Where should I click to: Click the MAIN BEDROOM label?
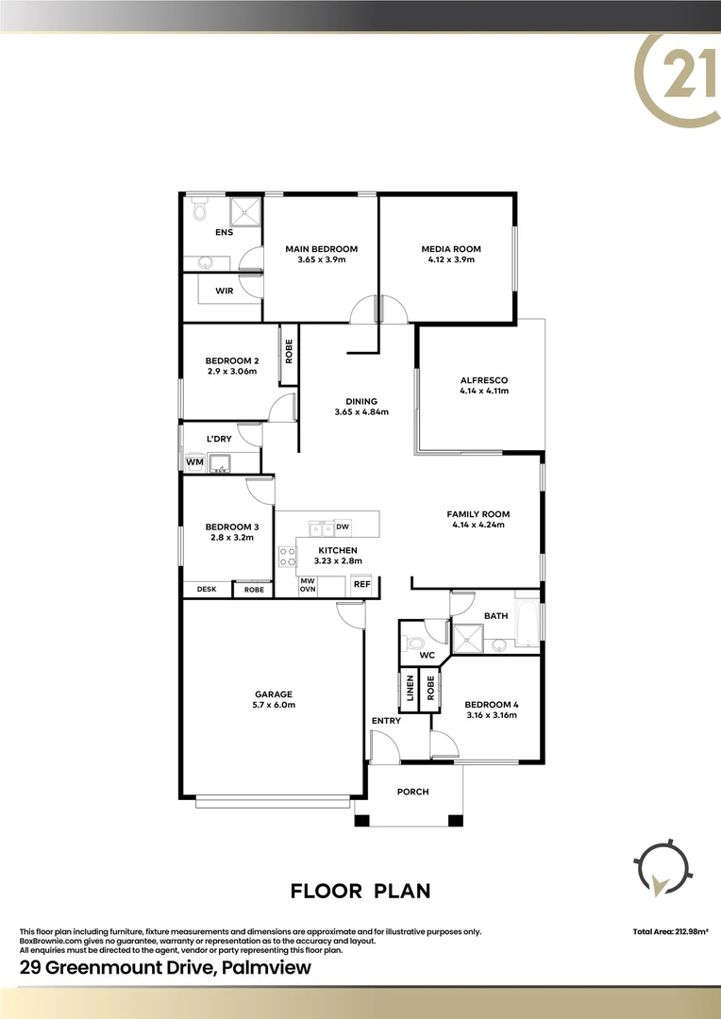pyautogui.click(x=322, y=249)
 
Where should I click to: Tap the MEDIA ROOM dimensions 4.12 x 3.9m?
pyautogui.click(x=451, y=259)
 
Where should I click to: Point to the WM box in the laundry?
pyautogui.click(x=194, y=461)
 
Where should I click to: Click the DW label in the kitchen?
pyautogui.click(x=343, y=526)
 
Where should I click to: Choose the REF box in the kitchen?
pyautogui.click(x=361, y=585)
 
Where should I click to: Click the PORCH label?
pyautogui.click(x=412, y=792)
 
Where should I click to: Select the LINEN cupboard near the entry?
pyautogui.click(x=411, y=689)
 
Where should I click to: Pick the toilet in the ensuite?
pyautogui.click(x=198, y=211)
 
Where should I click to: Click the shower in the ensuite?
pyautogui.click(x=245, y=210)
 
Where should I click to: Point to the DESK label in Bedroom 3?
pyautogui.click(x=207, y=590)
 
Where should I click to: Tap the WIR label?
pyautogui.click(x=224, y=291)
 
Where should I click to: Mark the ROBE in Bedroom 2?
pyautogui.click(x=290, y=353)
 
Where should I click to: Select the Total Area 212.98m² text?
pyautogui.click(x=671, y=932)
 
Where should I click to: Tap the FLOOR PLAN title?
pyautogui.click(x=360, y=890)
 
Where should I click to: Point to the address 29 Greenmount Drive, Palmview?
pyautogui.click(x=165, y=968)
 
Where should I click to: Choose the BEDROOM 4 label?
pyautogui.click(x=492, y=704)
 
